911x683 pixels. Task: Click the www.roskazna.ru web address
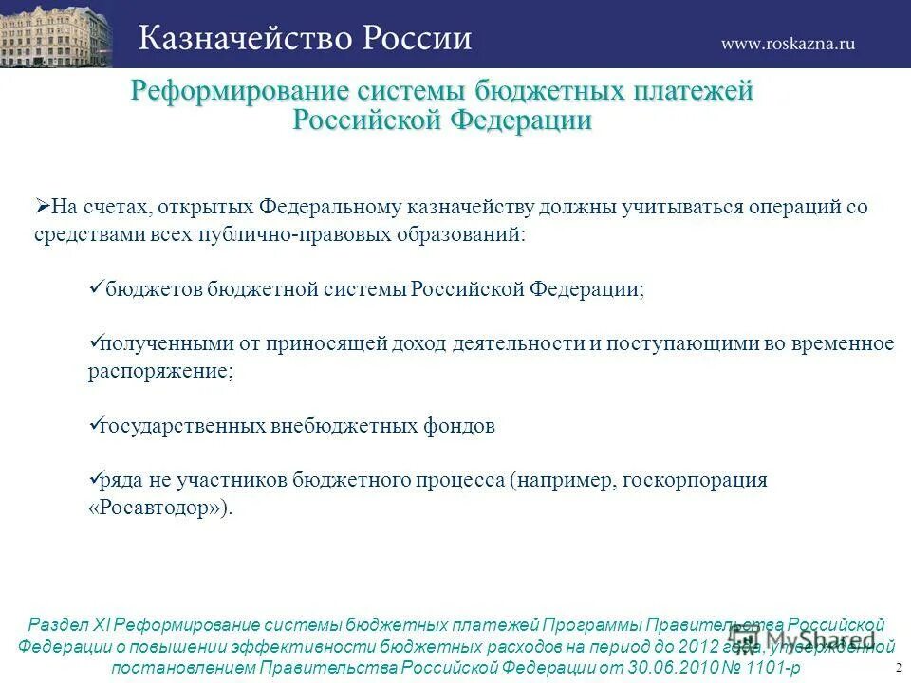[788, 43]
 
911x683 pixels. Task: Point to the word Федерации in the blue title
[521, 120]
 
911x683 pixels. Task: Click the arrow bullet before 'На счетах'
[43, 207]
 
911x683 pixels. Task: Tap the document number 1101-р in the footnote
[768, 668]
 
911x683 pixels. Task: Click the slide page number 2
[898, 668]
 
